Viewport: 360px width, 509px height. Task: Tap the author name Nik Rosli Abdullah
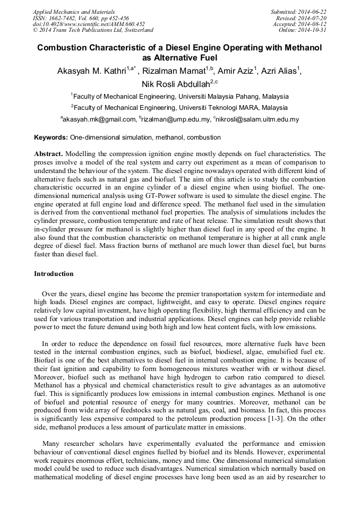[x=175, y=84]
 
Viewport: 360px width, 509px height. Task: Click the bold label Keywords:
[x=51, y=137]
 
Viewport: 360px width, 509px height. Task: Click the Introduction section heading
[x=54, y=274]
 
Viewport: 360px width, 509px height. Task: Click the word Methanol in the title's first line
[x=303, y=48]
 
